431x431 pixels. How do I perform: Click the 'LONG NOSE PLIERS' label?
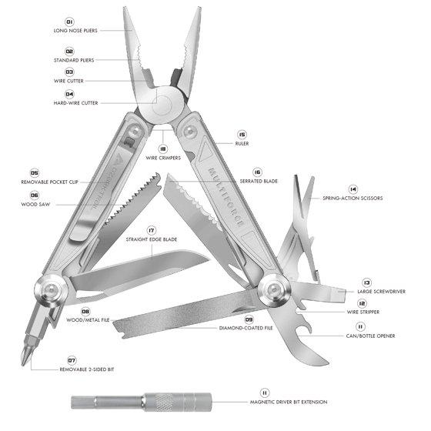pos(75,31)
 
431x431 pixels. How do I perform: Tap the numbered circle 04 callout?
pos(69,94)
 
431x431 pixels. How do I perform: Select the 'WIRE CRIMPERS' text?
pos(163,158)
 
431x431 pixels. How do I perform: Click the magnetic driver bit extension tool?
pos(142,402)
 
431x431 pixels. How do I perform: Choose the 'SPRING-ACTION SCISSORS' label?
pos(352,199)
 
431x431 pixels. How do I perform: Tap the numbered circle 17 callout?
pos(152,230)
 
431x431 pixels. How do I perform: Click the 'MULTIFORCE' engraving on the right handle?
pos(226,197)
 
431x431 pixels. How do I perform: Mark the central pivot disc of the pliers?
pos(163,105)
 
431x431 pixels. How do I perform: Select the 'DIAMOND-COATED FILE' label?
pos(246,328)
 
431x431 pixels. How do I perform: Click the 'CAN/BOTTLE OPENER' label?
pos(370,336)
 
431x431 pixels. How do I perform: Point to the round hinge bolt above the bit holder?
pos(51,291)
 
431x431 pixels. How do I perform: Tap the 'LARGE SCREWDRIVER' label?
pos(382,292)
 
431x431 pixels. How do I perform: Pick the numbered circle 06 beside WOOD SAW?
pos(35,195)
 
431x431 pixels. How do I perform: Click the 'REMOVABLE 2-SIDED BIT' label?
pos(87,369)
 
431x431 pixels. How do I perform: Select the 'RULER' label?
pos(242,143)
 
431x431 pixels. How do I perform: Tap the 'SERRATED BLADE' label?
pos(259,181)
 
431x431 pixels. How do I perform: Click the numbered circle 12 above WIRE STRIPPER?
pos(362,303)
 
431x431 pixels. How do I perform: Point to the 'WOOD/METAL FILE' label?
pos(88,320)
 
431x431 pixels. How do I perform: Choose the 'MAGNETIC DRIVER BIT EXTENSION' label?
pos(289,402)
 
